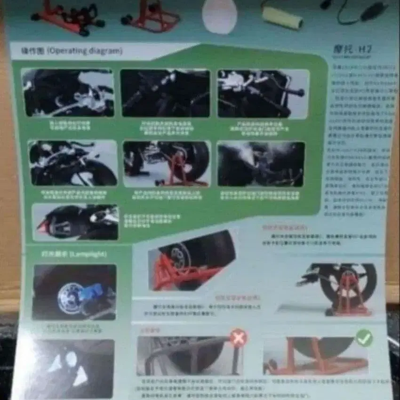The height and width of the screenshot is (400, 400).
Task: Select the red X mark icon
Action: pos(238,337)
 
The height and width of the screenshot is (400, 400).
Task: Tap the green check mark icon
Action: pos(364,337)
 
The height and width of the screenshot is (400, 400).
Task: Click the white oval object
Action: pos(219,16)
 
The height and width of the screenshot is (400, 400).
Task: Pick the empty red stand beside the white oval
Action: pos(151,16)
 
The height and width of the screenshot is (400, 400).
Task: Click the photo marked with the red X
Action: pos(188,355)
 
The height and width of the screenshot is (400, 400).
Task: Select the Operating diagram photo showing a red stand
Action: pos(167,164)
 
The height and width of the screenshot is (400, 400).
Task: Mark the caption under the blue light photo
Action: pos(73,328)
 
